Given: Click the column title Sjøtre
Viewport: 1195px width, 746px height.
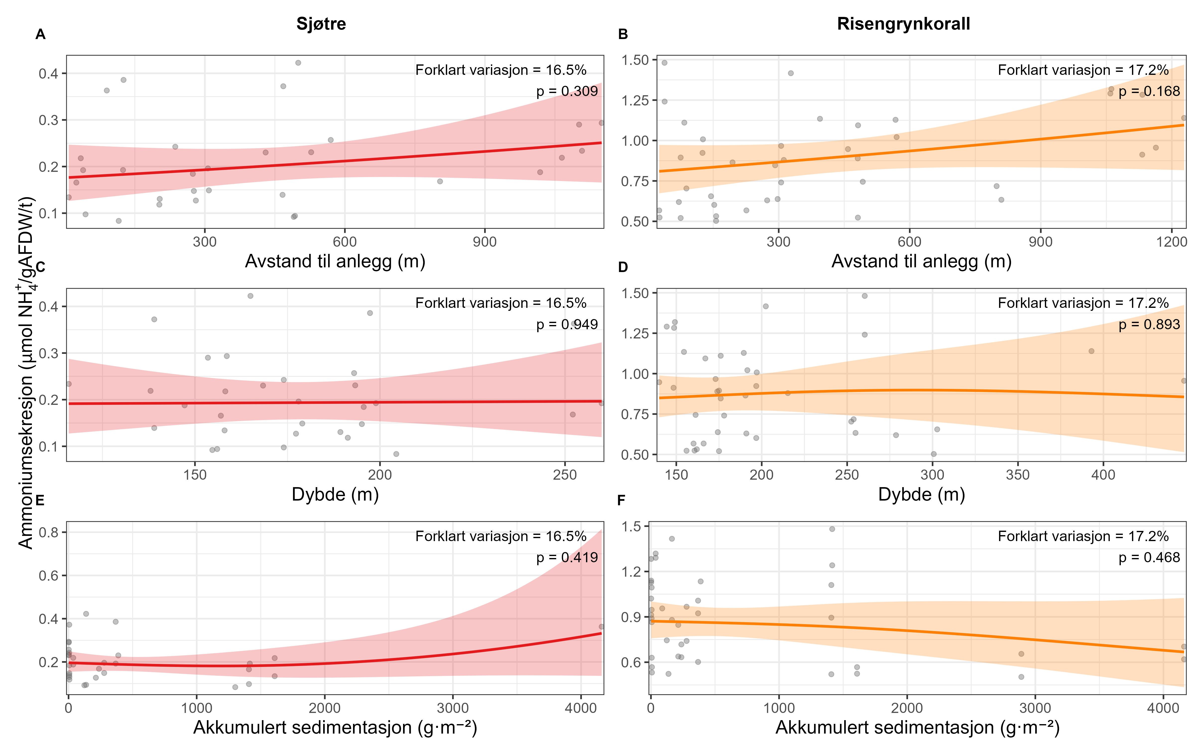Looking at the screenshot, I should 321,24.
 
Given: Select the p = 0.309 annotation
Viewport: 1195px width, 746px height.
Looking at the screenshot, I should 567,91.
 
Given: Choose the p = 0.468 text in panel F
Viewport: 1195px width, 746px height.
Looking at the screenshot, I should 1149,558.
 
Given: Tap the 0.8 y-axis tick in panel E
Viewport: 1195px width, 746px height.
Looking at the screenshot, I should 48,532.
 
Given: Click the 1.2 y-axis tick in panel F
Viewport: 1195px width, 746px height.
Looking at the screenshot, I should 631,572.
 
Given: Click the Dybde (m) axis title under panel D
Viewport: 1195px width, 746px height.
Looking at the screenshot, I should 921,494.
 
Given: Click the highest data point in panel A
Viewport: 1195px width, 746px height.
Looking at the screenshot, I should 298,63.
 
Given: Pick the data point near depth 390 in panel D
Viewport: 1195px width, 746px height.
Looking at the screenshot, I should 1091,351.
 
